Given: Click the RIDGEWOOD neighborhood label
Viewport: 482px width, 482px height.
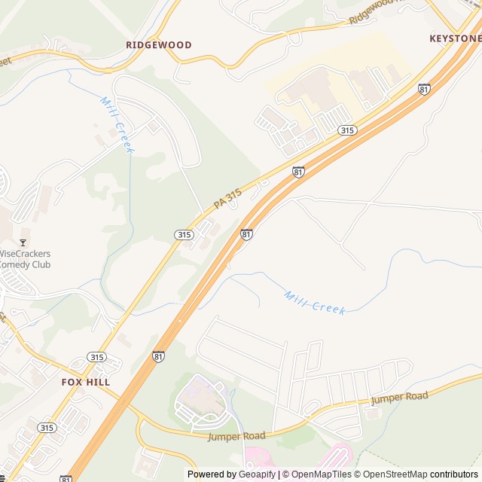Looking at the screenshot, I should coord(158,45).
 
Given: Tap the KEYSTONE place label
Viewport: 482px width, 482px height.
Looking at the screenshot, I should coord(455,38).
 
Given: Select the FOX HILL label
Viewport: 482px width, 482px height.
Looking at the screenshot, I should coord(86,382).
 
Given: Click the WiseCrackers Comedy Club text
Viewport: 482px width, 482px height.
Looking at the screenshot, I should coord(25,259).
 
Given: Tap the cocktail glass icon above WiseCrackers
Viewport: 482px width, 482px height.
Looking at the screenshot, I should coord(23,242).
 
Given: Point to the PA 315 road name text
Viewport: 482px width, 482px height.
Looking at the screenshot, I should coord(227,199).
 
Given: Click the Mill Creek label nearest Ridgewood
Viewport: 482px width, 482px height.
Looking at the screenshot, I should coord(117,124).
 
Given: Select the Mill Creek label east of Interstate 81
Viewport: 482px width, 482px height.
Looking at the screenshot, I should coord(316,303).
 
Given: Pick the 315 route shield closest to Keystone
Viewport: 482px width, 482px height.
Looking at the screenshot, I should coord(347,130).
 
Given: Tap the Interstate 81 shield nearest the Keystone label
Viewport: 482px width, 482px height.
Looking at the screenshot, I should coord(425,89).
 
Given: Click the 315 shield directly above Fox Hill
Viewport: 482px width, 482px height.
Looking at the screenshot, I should coord(96,357).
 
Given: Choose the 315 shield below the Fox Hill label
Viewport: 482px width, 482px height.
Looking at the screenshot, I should coord(47,427).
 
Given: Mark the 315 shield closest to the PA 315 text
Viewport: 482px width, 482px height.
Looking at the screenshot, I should coord(185,235).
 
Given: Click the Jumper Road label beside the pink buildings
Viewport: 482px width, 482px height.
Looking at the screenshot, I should coord(238,436).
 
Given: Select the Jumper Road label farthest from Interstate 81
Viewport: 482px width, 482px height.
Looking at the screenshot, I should coord(399,397).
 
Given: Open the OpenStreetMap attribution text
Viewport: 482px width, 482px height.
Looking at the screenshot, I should coord(391,474).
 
